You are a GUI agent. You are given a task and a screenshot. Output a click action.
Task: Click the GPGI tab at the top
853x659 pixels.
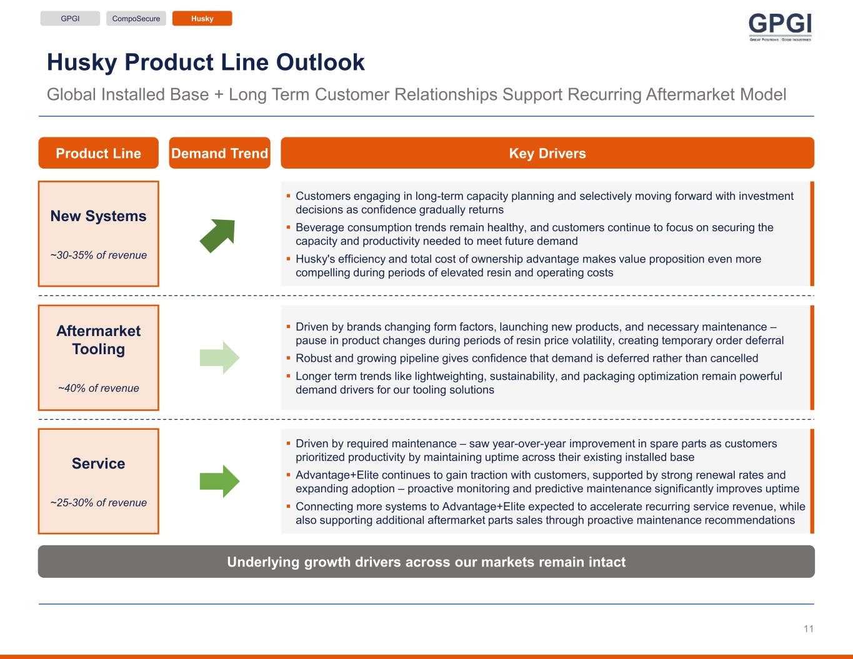(70, 19)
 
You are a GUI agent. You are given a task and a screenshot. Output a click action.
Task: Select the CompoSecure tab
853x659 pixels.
(136, 19)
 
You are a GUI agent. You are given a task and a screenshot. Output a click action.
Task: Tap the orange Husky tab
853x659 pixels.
(202, 19)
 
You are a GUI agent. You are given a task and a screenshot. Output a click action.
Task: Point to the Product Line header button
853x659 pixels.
(99, 153)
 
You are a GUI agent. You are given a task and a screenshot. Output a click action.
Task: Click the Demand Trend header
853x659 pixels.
(220, 153)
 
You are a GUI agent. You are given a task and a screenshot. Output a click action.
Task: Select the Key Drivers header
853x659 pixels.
(547, 153)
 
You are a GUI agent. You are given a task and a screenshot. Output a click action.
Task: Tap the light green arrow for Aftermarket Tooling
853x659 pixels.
(219, 357)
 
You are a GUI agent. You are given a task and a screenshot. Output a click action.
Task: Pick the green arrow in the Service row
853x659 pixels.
(219, 482)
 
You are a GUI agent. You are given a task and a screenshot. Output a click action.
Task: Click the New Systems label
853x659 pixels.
(99, 216)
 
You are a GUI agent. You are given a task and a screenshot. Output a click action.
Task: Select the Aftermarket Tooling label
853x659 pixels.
(99, 340)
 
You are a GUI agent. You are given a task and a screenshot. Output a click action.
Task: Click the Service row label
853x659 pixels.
(99, 463)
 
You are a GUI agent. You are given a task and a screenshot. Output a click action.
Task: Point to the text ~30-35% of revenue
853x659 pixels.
(99, 255)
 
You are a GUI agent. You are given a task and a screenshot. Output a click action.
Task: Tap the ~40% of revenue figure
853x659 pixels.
(99, 388)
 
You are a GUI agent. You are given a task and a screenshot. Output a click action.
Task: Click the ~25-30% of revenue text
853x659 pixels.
(99, 502)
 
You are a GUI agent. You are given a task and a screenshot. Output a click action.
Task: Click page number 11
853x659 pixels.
(808, 629)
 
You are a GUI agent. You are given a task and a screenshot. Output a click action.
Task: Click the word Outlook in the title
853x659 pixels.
(321, 62)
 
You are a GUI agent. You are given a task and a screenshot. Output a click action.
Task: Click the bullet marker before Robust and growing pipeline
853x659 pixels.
(288, 358)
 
